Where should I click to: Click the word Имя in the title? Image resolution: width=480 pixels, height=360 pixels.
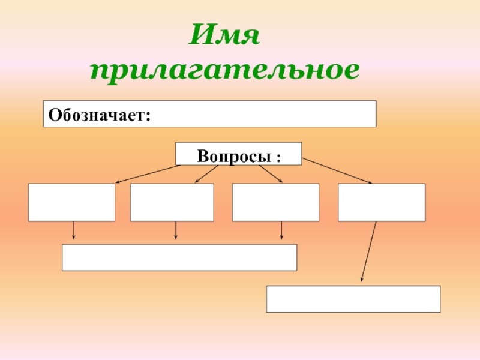coord(224,38)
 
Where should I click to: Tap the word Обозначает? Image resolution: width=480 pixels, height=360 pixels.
coord(99,114)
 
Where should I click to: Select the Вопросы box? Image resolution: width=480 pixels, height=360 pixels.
coord(238,154)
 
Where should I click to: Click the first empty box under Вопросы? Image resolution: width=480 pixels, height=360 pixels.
coord(71,202)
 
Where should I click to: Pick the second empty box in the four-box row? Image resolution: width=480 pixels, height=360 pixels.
coord(172,202)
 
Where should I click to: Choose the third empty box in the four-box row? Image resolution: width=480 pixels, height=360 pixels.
coord(275,202)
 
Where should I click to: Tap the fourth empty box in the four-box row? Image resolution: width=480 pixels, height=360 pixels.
coord(382,202)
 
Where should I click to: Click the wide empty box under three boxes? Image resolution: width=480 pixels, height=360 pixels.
coord(179,257)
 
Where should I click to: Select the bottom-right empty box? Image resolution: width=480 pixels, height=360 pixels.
coord(353,299)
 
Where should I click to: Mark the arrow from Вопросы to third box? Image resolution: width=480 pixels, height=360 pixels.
coord(271,174)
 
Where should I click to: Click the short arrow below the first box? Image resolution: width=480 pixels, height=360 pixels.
coord(74,231)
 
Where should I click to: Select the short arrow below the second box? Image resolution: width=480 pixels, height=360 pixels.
coord(176,231)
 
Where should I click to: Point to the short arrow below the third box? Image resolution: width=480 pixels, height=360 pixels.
coord(281,231)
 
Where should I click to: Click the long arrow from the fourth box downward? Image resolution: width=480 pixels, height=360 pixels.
coord(368,251)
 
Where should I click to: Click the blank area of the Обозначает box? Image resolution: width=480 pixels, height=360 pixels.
coord(264,114)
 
